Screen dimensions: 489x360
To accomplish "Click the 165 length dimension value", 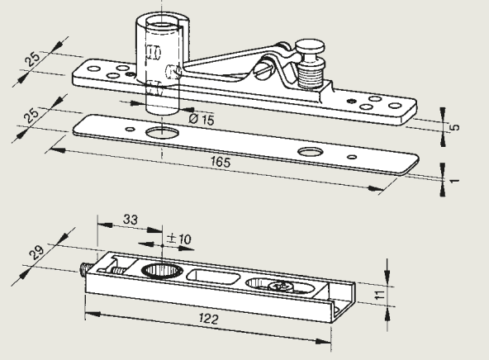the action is [221, 162].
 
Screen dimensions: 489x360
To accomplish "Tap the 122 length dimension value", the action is [209, 319].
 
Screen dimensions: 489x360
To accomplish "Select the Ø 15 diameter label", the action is [202, 119].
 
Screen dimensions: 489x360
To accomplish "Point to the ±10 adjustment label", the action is [178, 239].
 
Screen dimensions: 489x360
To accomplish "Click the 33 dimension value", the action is [131, 219].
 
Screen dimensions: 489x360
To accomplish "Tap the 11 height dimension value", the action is [379, 295].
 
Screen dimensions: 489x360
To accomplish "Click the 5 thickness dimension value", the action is [456, 127].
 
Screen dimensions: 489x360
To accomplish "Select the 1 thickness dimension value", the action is [456, 181].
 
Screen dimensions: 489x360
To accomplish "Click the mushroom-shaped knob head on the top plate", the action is [310, 47].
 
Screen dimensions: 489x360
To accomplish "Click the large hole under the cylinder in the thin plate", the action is [163, 133].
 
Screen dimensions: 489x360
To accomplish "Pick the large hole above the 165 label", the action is [310, 152].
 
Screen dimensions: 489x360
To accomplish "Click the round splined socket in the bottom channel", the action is [162, 270].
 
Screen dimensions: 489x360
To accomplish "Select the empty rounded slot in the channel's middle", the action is [214, 277].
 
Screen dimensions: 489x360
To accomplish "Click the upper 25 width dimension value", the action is [33, 59].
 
